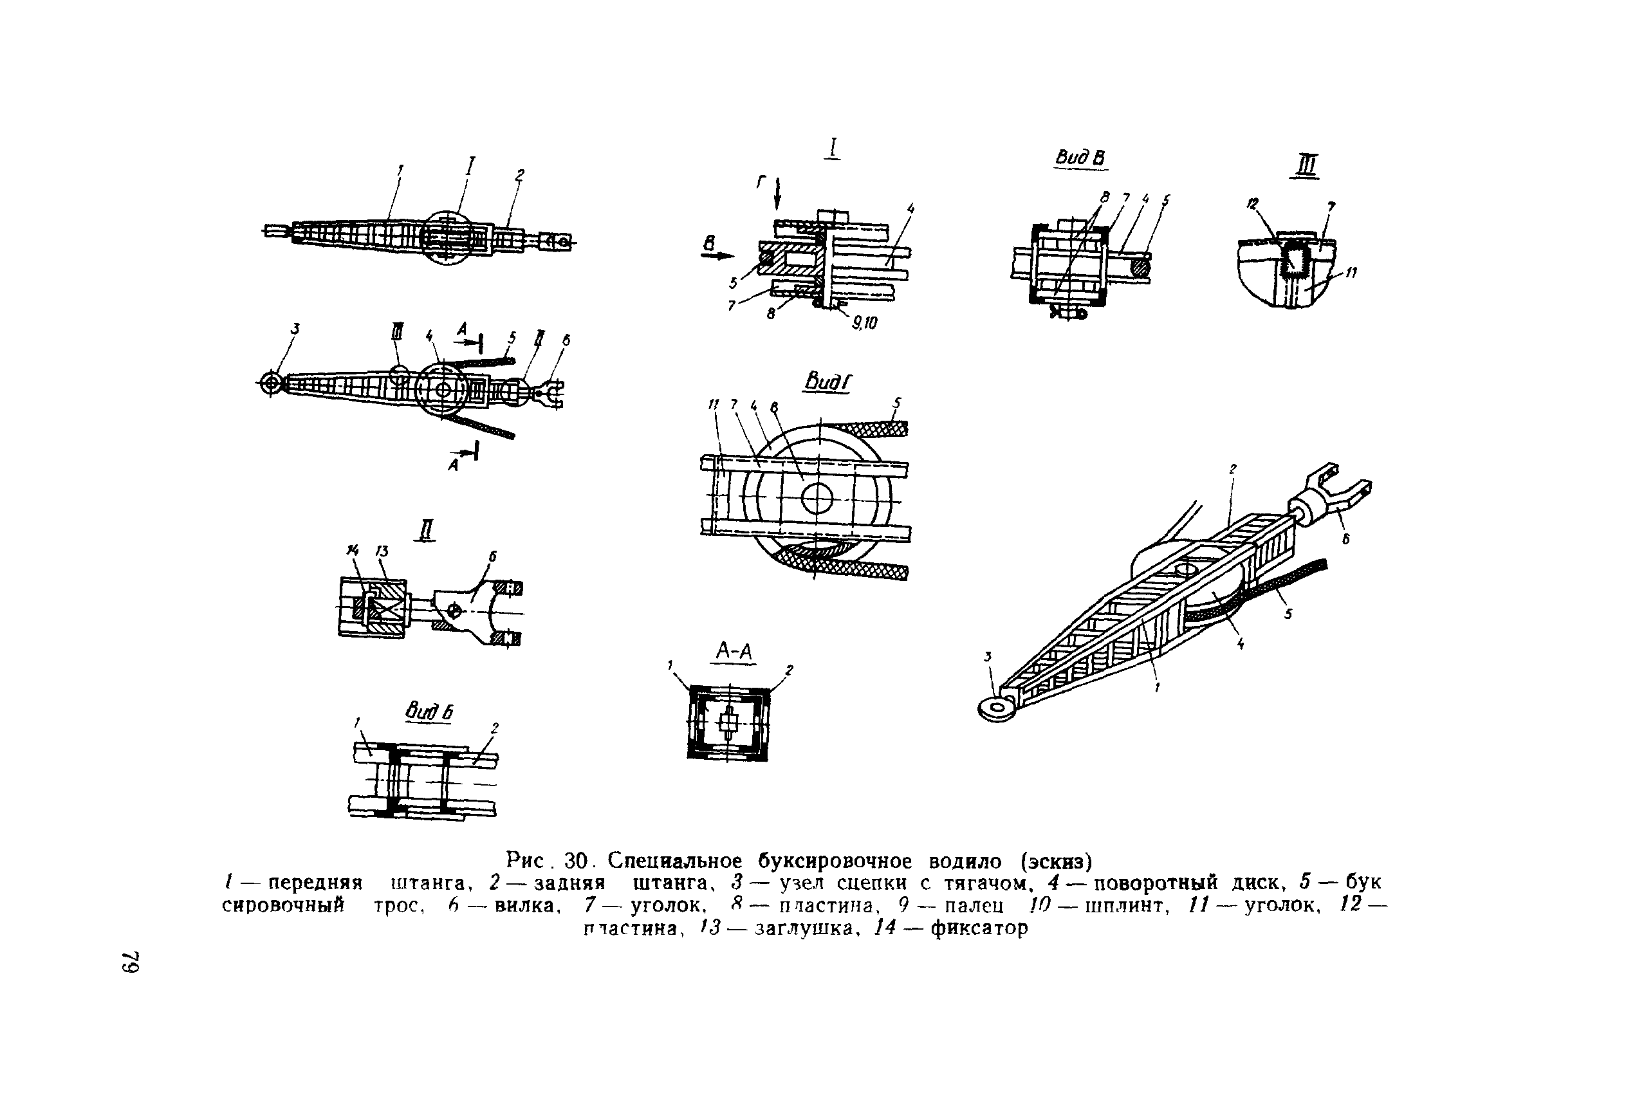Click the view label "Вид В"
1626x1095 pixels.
[x=1080, y=158]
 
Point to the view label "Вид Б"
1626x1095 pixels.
[x=429, y=712]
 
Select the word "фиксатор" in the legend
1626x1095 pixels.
[x=979, y=928]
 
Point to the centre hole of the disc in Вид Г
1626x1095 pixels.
[x=817, y=498]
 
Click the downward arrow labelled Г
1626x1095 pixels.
[x=777, y=194]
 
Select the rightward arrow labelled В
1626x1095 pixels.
[x=717, y=255]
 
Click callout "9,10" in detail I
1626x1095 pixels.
[x=864, y=322]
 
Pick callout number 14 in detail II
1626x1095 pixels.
[x=352, y=551]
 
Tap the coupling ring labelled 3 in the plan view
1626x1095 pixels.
[x=271, y=383]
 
